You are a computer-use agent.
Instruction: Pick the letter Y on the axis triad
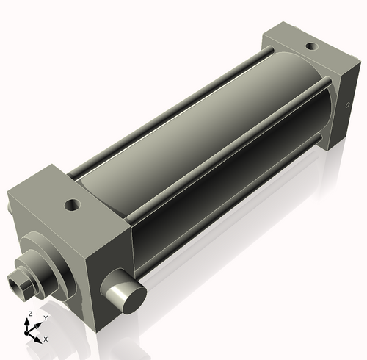(x=45, y=317)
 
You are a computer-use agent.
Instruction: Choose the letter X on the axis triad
(x=46, y=339)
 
